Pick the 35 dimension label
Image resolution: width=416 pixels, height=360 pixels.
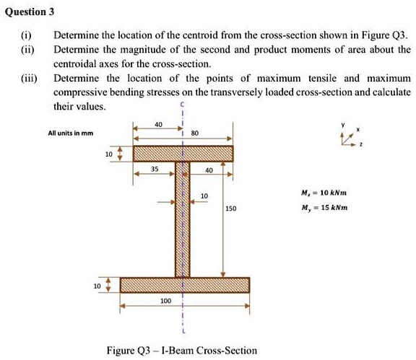click(155, 170)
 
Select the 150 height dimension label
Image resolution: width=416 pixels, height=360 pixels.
click(230, 208)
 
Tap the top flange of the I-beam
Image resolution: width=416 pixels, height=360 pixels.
click(183, 153)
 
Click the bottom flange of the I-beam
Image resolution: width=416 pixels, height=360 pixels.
click(184, 285)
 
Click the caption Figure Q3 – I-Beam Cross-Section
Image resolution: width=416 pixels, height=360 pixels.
click(181, 351)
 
